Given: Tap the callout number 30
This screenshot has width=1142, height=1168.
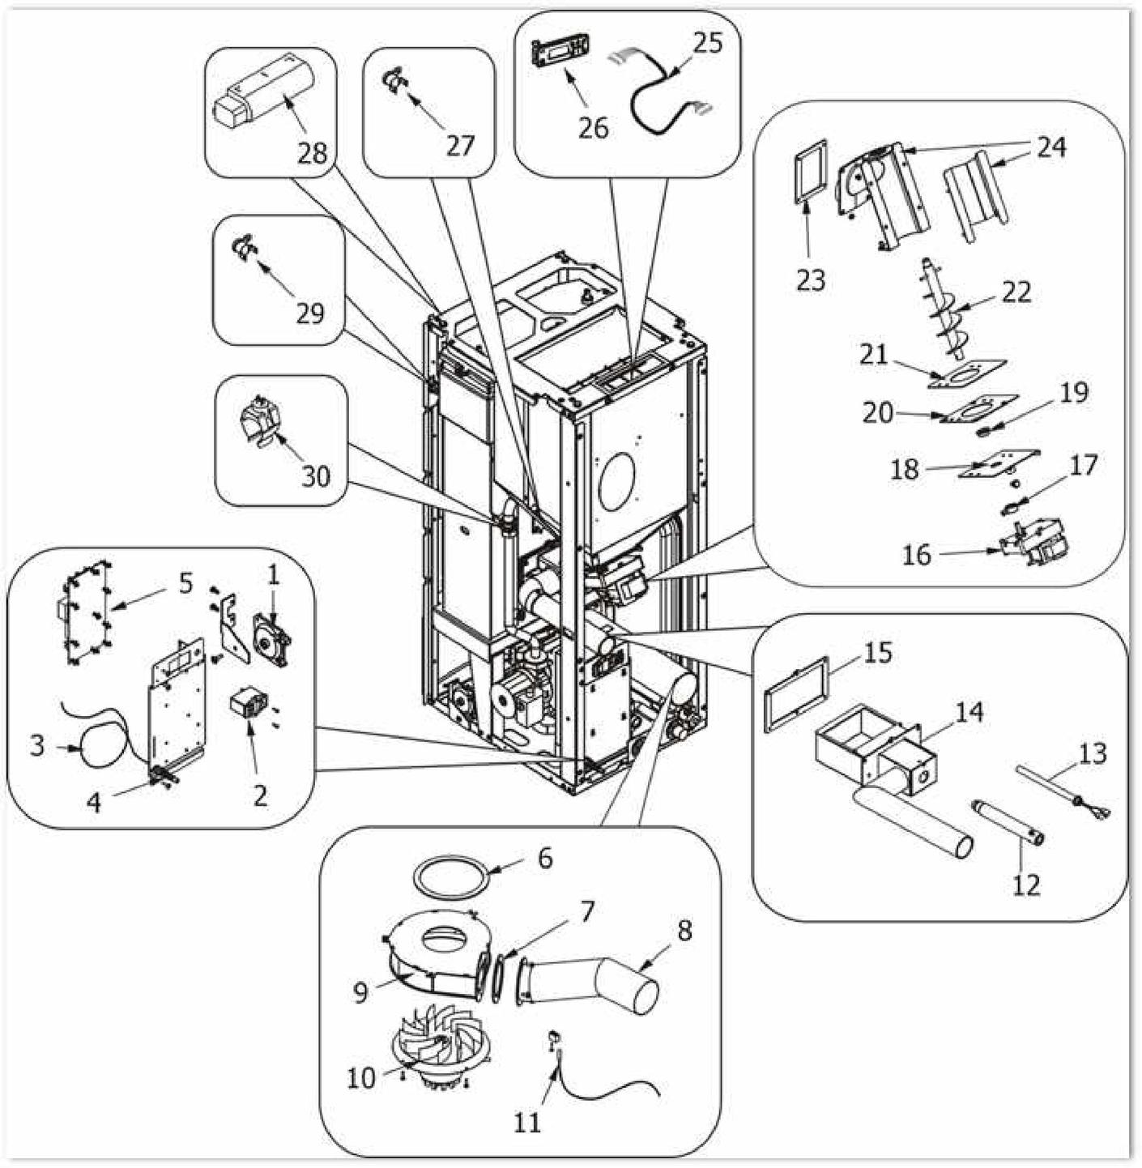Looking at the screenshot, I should pos(315,476).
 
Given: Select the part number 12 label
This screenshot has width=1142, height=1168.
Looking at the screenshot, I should pos(1025,885).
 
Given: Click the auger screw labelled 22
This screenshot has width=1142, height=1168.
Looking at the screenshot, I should pos(948,312).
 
